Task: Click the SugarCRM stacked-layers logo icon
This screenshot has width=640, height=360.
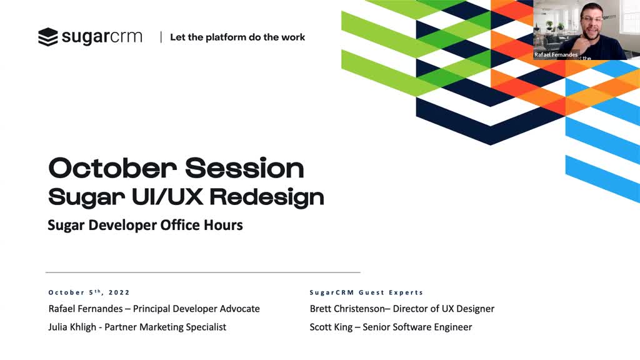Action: (x=47, y=37)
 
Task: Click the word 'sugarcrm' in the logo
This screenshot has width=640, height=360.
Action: (x=102, y=37)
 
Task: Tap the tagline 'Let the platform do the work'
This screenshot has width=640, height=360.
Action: (x=237, y=37)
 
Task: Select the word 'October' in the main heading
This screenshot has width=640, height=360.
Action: (x=112, y=167)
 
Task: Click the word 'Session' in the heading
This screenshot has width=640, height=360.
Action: (x=244, y=167)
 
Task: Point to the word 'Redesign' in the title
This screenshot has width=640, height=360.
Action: (x=267, y=197)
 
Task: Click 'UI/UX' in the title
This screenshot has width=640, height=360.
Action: (x=167, y=197)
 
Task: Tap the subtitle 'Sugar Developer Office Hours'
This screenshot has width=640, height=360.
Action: (x=145, y=225)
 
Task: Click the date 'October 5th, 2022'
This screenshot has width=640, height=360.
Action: (x=89, y=292)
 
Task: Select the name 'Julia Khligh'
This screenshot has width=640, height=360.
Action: (x=72, y=327)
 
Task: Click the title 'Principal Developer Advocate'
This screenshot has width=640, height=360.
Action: (x=196, y=309)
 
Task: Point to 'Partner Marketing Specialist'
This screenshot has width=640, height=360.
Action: (x=165, y=327)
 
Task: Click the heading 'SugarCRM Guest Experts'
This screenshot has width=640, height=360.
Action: (x=366, y=292)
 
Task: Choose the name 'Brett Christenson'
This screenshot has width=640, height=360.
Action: (x=347, y=309)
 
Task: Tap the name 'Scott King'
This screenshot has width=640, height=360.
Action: (x=331, y=327)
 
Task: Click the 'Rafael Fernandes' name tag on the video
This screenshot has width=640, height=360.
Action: (x=556, y=55)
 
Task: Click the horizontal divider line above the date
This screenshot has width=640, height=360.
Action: (x=203, y=272)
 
